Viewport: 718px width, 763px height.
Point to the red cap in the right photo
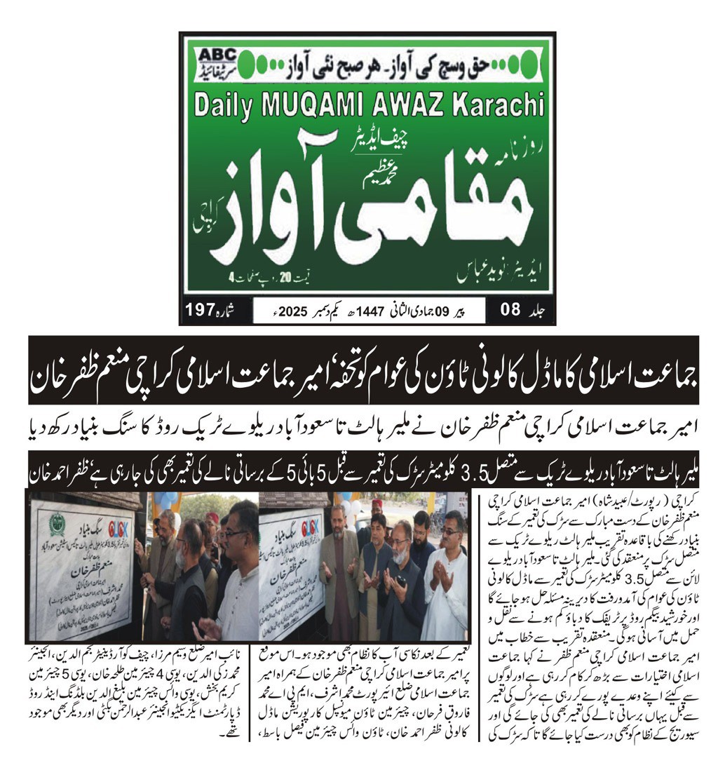377,504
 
